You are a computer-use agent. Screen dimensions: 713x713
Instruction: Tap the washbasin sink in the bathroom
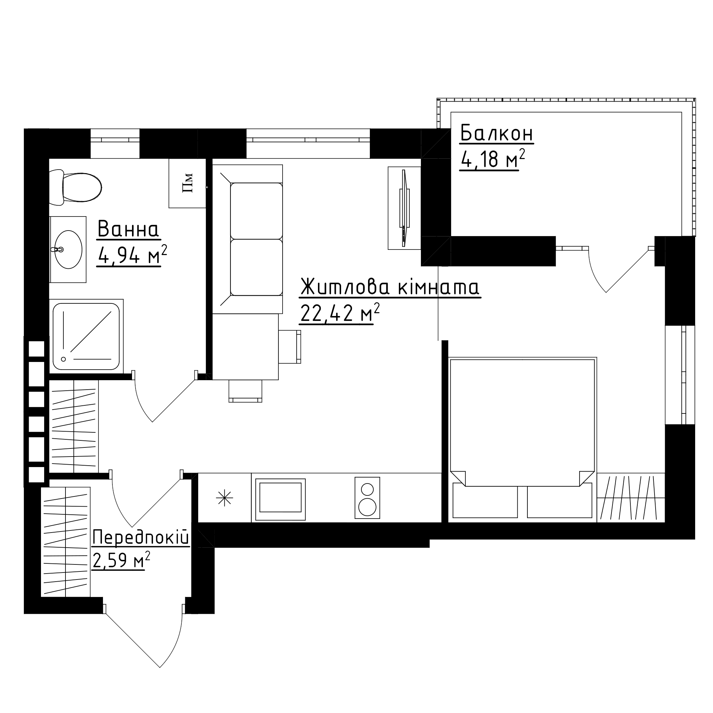pyautogui.click(x=68, y=249)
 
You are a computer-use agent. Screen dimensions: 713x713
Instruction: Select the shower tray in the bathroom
pyautogui.click(x=86, y=336)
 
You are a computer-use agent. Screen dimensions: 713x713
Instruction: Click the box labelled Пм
pyautogui.click(x=187, y=183)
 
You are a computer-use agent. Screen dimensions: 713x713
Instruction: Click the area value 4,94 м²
pyautogui.click(x=132, y=255)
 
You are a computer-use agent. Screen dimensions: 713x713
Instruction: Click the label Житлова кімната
pyautogui.click(x=390, y=287)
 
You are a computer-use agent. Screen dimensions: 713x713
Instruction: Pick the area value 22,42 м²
pyautogui.click(x=340, y=313)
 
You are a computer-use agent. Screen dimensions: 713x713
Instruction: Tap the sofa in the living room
pyautogui.click(x=248, y=239)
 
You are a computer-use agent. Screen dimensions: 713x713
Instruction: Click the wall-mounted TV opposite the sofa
pyautogui.click(x=405, y=208)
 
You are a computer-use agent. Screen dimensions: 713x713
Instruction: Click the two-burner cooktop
pyautogui.click(x=368, y=498)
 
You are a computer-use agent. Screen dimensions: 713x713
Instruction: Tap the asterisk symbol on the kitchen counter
pyautogui.click(x=224, y=498)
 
